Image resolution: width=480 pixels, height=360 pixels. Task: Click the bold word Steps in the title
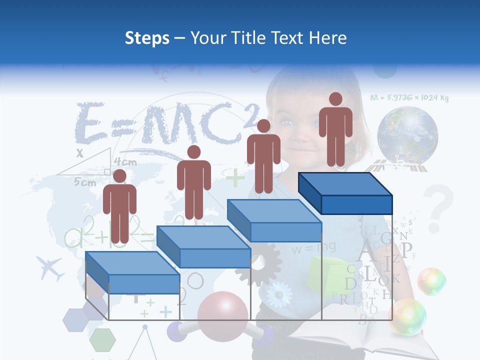pos(147,38)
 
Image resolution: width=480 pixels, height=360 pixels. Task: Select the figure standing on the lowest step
pos(119,206)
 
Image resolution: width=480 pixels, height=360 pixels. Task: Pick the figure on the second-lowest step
pos(193,182)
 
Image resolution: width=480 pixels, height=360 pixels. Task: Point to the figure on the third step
pos(263,156)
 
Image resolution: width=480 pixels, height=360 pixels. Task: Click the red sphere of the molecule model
pos(222,312)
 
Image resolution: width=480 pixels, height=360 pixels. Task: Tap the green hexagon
pos(102,339)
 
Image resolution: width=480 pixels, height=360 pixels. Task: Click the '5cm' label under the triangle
pos(85,182)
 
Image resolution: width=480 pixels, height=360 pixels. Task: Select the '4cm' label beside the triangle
pos(125,162)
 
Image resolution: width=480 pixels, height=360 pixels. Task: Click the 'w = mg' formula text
pos(314,247)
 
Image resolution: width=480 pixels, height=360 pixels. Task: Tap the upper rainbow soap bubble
pos(431,281)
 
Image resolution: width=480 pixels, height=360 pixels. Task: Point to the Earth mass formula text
pos(409,98)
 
